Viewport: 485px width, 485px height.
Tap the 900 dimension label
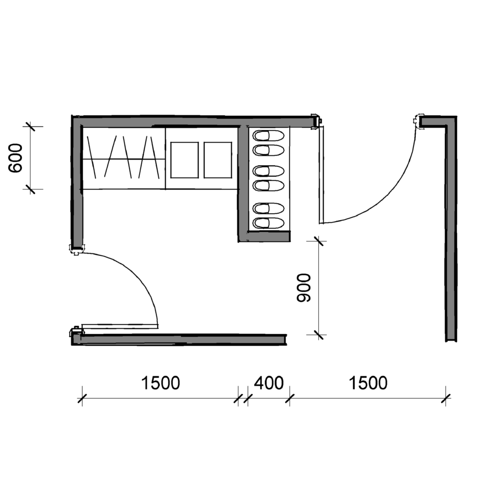pyautogui.click(x=304, y=287)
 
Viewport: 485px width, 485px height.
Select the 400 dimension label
pyautogui.click(x=269, y=383)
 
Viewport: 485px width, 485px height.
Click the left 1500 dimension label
pyautogui.click(x=160, y=383)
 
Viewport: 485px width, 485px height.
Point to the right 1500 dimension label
pyautogui.click(x=368, y=383)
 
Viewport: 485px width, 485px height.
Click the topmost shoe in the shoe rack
pyautogui.click(x=268, y=136)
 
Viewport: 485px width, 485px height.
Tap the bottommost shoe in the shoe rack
pyautogui.click(x=268, y=223)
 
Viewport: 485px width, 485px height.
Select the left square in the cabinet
pyautogui.click(x=184, y=160)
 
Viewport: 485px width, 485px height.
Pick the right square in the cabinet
pyautogui.click(x=218, y=160)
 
